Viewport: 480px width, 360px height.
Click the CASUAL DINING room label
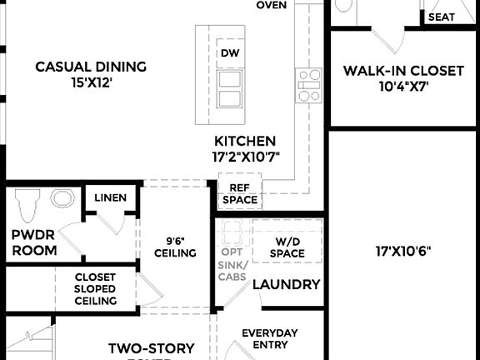tap(91, 67)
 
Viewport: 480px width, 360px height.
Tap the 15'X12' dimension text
tap(91, 83)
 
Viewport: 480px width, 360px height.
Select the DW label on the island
tap(229, 54)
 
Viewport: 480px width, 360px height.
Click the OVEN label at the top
tap(272, 5)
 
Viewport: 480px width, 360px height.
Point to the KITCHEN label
tap(245, 142)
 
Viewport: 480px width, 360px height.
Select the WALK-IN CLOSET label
tap(403, 71)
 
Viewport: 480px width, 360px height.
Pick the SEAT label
tap(442, 17)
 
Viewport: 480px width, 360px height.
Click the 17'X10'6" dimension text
tap(403, 249)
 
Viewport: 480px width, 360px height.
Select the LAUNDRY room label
tap(286, 284)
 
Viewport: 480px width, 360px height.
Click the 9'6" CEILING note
tap(176, 247)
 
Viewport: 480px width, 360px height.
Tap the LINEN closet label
tap(110, 197)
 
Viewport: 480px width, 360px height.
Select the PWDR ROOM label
tap(34, 242)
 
